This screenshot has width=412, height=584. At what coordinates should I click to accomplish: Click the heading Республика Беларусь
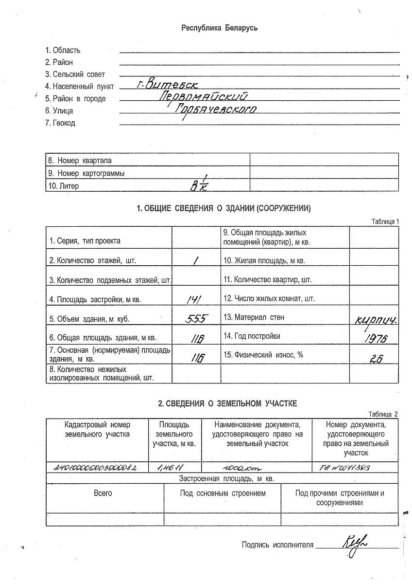219,28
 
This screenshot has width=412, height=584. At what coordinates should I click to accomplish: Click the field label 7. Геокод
60,123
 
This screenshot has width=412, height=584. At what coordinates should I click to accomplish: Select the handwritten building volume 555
197,319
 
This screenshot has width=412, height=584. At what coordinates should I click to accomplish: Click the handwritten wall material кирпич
377,321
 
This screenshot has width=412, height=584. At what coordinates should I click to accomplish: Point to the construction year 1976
375,339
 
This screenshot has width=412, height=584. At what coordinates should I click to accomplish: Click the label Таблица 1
385,221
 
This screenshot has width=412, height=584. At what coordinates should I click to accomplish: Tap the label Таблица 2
383,414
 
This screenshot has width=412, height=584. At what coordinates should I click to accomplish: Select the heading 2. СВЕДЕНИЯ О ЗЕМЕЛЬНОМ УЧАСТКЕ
227,403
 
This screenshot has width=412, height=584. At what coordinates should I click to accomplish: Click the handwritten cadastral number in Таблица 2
95,468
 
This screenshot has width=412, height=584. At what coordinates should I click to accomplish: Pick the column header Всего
103,493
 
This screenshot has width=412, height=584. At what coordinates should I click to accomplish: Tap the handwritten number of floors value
195,260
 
